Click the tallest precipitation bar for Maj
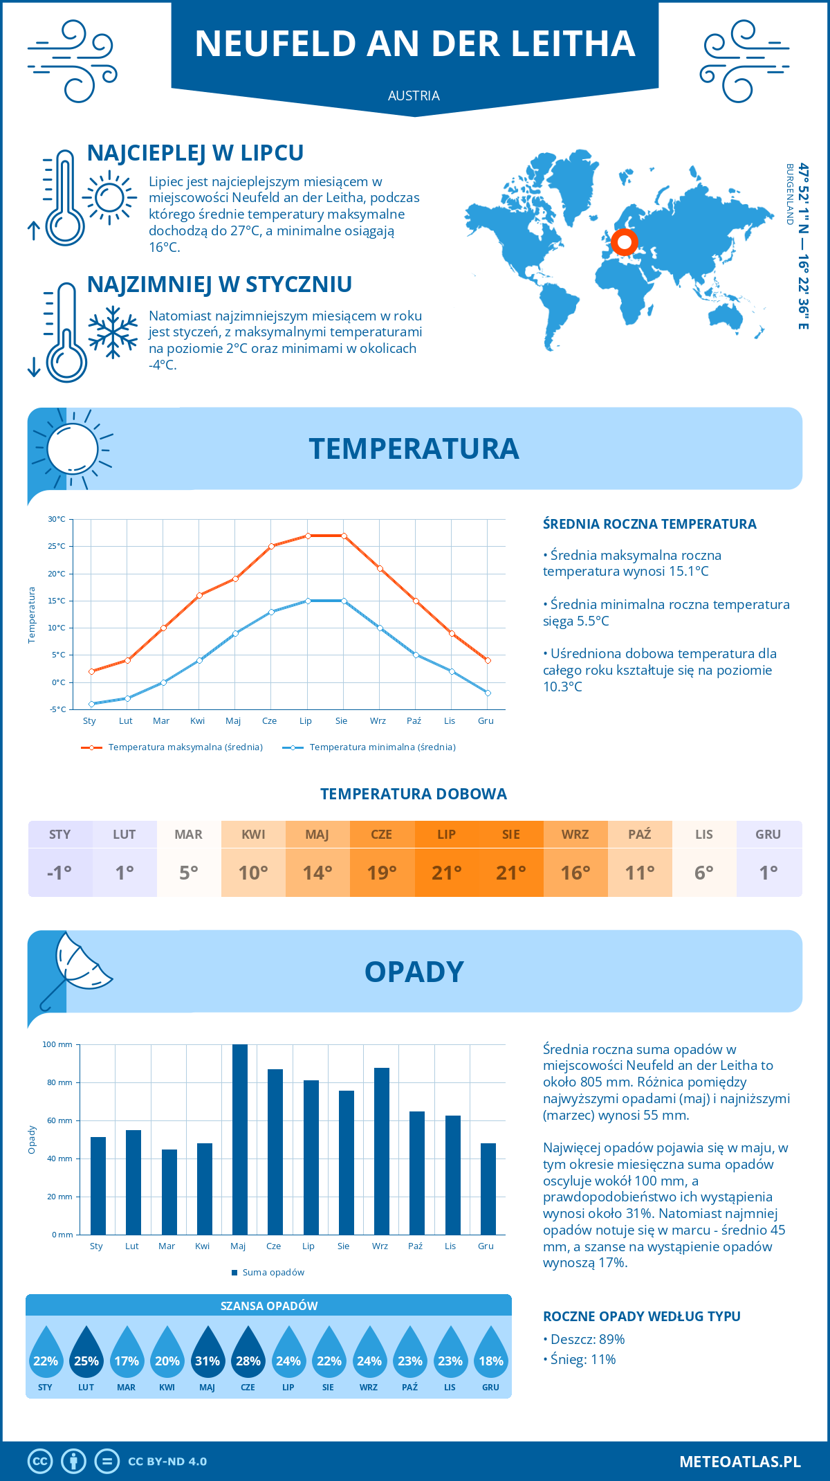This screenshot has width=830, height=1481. tap(240, 1139)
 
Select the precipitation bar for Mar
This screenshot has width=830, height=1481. tap(169, 1192)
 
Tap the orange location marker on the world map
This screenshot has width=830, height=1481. tap(625, 242)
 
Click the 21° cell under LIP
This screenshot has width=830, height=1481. tap(446, 872)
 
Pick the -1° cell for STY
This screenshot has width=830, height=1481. tap(59, 872)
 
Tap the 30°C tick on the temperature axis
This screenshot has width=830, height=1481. tap(57, 519)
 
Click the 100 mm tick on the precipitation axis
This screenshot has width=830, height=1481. tap(57, 1044)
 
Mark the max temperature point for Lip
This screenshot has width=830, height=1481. tap(308, 536)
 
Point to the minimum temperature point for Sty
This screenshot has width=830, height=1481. tap(91, 704)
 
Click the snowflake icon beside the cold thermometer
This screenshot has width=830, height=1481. tap(113, 332)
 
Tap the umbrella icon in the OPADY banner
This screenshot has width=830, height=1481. tap(75, 967)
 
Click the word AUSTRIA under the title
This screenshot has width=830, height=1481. tap(414, 96)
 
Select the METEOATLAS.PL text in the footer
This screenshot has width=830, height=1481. tap(739, 1462)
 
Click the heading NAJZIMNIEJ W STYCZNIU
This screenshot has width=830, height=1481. tap(219, 284)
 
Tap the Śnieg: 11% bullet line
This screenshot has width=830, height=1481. tap(582, 1359)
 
